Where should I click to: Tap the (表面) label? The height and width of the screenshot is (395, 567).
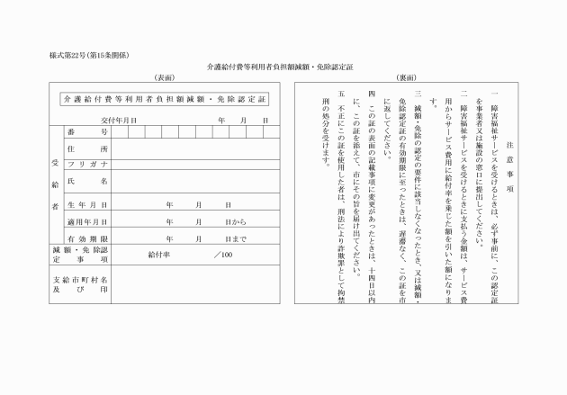[164, 78]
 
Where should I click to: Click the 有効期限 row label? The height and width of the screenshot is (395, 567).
[87, 238]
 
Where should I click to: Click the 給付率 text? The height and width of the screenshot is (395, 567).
[159, 255]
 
